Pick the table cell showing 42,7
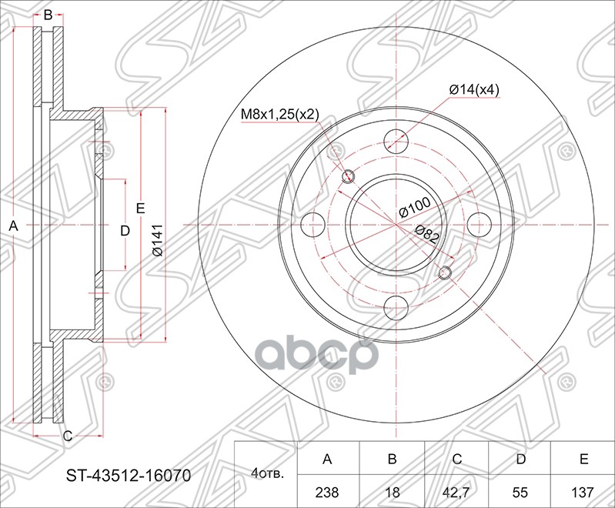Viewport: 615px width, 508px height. click(456, 490)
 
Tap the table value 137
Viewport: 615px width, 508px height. click(583, 490)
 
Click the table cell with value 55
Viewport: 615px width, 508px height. click(520, 490)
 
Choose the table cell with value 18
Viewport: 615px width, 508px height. click(392, 490)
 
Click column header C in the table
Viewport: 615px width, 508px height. click(456, 460)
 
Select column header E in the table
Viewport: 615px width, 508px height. click(583, 460)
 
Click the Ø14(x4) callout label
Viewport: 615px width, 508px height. click(475, 90)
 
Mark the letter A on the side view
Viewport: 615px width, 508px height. click(12, 226)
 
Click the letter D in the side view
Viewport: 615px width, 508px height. click(124, 229)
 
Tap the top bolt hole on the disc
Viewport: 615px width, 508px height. click(396, 141)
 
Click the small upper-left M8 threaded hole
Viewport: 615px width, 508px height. click(348, 175)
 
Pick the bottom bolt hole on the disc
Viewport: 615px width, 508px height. click(396, 306)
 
